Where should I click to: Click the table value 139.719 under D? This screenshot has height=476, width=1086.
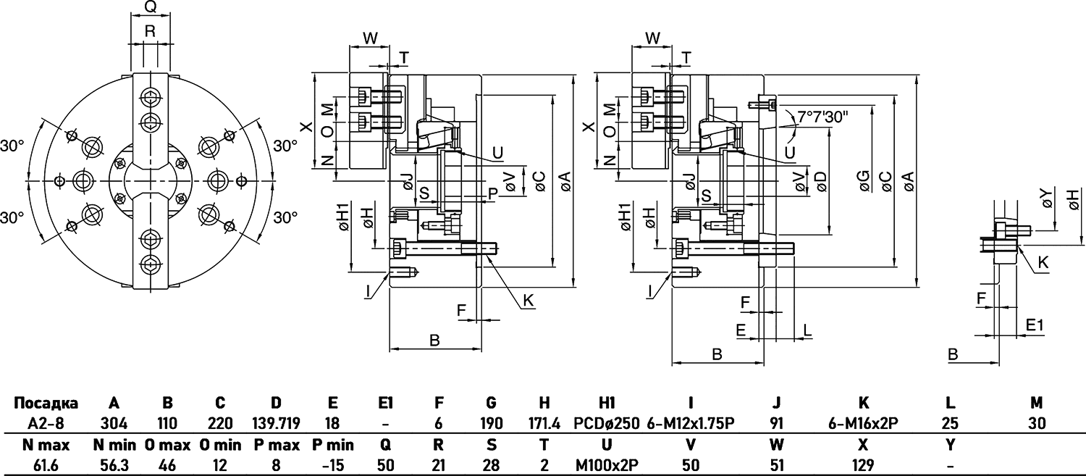point(276,423)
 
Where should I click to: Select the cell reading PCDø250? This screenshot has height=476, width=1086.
point(607,423)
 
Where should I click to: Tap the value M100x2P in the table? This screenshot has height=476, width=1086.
point(607,465)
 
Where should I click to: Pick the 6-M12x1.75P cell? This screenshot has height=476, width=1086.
point(691,423)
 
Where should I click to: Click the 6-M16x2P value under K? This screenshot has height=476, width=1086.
point(863,423)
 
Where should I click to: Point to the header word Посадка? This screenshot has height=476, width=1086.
point(46,403)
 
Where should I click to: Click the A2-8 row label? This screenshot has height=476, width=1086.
point(46,423)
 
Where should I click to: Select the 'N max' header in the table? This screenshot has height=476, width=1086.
point(46,444)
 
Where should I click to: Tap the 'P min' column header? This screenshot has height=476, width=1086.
point(332,444)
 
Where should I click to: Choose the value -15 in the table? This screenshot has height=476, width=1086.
point(332,465)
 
